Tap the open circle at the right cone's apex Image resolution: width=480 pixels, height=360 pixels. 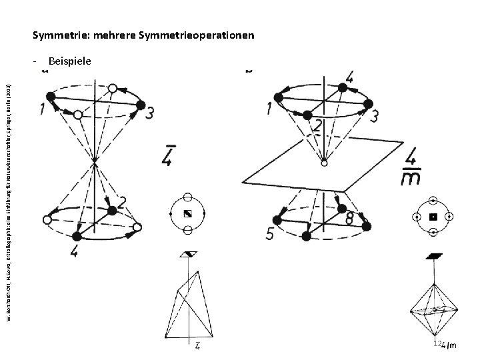(x=323, y=162)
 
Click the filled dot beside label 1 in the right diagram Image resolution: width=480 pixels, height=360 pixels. (x=279, y=97)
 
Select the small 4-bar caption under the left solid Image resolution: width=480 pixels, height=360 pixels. (x=198, y=345)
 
